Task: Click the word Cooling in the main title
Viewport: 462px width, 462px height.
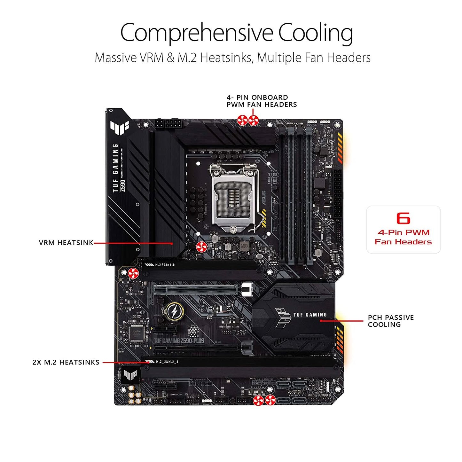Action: [x=315, y=33]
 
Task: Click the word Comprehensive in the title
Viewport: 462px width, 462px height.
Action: [x=196, y=33]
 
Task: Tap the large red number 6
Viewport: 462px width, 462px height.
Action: [x=403, y=218]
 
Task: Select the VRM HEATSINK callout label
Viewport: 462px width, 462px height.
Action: [x=66, y=243]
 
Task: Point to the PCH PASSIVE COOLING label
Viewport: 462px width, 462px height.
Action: [x=390, y=321]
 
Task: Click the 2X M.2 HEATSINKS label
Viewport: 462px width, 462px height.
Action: [x=66, y=363]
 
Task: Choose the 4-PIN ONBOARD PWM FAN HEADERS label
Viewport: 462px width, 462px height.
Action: [x=262, y=101]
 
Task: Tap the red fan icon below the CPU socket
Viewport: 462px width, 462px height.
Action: [x=202, y=247]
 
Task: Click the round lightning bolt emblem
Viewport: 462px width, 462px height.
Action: [x=175, y=311]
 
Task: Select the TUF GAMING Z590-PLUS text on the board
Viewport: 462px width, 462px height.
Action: [x=179, y=341]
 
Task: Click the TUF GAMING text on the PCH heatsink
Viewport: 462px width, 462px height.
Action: [x=310, y=315]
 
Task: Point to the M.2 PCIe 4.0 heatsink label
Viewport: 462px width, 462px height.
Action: [x=165, y=265]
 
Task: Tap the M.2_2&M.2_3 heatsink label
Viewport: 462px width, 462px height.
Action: [x=167, y=362]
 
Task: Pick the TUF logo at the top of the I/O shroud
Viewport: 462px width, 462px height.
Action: [x=119, y=127]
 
